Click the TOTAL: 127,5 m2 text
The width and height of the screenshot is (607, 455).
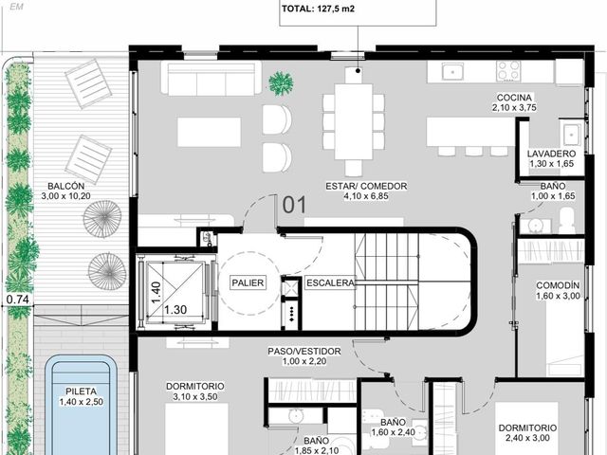tap(318, 9)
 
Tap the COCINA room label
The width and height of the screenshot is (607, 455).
tap(514, 98)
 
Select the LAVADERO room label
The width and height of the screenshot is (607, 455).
tap(551, 154)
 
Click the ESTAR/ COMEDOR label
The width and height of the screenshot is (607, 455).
tap(366, 186)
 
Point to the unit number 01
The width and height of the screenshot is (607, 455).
tap(294, 205)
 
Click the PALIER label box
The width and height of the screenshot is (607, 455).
tap(248, 282)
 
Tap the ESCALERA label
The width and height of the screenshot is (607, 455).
tap(330, 282)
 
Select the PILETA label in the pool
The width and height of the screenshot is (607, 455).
tap(81, 391)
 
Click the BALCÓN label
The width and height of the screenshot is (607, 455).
tap(65, 186)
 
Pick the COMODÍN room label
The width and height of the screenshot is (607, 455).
tap(558, 285)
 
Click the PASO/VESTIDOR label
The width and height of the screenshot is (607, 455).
tap(304, 352)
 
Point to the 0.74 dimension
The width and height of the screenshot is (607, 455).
tap(18, 300)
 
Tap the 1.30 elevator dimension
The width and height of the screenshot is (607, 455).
tap(175, 310)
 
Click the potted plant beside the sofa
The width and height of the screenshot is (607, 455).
tap(281, 83)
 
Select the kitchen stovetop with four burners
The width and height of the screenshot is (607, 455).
tap(508, 71)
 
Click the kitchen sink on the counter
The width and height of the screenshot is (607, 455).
tap(451, 71)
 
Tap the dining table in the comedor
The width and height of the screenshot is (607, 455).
tap(354, 121)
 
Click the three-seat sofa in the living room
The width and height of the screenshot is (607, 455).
tap(211, 78)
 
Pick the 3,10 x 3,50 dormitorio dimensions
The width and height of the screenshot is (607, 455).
tap(195, 396)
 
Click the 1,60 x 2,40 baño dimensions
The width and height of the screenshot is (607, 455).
tap(394, 432)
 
